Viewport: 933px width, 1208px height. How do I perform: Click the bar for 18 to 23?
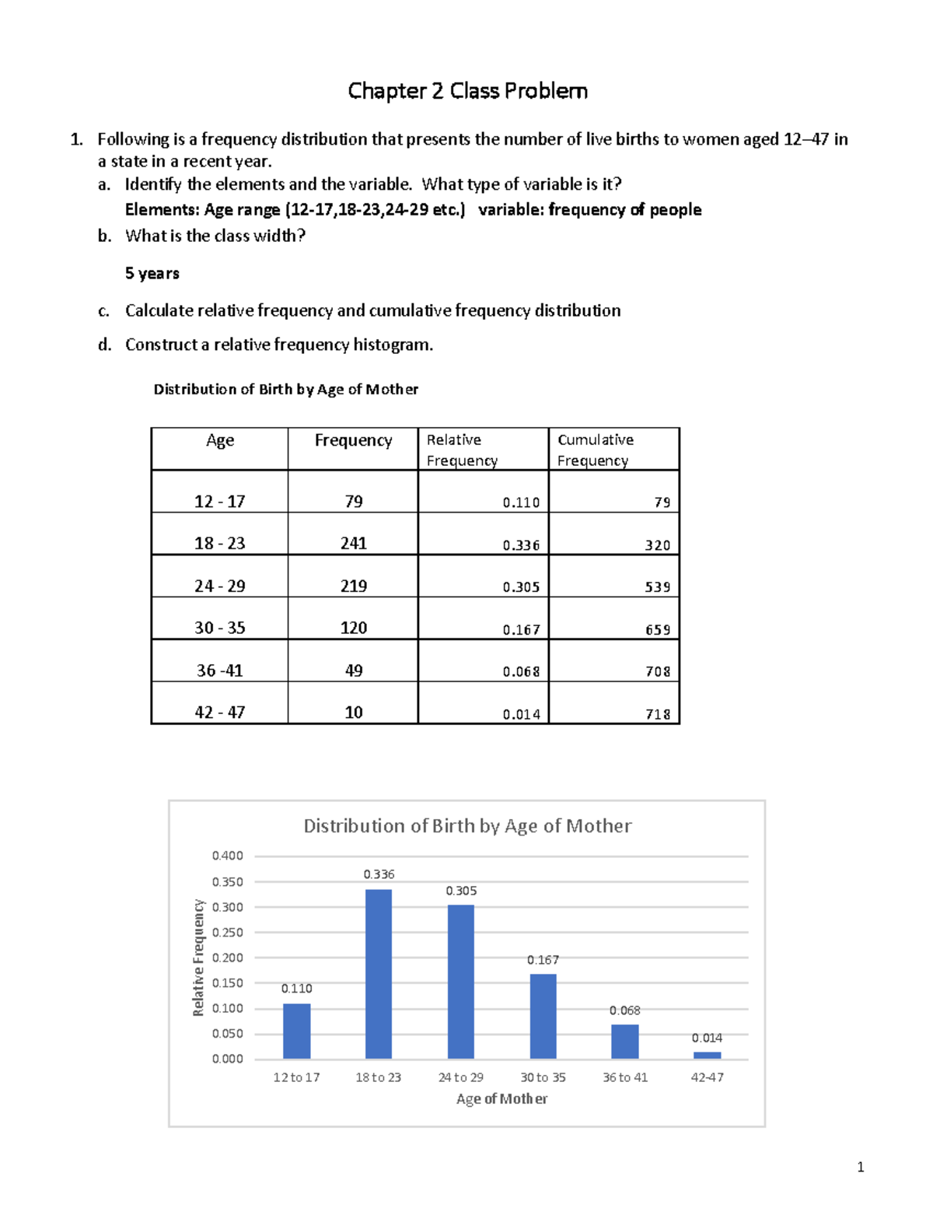coord(379,974)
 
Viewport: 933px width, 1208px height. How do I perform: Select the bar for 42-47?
coord(707,1056)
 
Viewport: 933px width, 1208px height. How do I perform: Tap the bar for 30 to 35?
coord(543,1016)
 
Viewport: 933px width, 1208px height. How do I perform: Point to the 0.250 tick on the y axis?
coord(228,933)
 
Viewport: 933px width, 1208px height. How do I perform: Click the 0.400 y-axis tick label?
coord(228,856)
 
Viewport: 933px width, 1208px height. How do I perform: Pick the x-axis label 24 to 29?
coord(460,1077)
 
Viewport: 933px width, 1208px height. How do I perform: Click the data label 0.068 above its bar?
coord(624,1010)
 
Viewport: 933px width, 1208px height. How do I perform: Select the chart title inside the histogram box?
coord(467,826)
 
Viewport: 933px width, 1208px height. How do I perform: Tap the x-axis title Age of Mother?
coord(501,1099)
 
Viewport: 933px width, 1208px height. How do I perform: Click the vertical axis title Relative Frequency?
coord(198,958)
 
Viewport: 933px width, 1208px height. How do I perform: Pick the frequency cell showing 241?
coord(353,544)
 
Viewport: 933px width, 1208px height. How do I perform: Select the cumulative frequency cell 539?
coord(657,587)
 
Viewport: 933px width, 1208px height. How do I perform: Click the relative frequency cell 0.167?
coord(521,630)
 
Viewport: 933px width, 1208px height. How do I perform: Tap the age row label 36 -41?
coord(219,671)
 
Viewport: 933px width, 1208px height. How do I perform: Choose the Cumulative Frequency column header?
coord(596,450)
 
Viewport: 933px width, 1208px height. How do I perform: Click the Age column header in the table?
coord(220,441)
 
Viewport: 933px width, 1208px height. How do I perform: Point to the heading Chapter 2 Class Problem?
coord(467,91)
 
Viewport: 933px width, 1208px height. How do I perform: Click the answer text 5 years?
coord(152,274)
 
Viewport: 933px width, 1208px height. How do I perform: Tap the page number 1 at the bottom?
coord(860,1167)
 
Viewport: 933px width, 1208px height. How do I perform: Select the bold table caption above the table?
coord(285,390)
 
